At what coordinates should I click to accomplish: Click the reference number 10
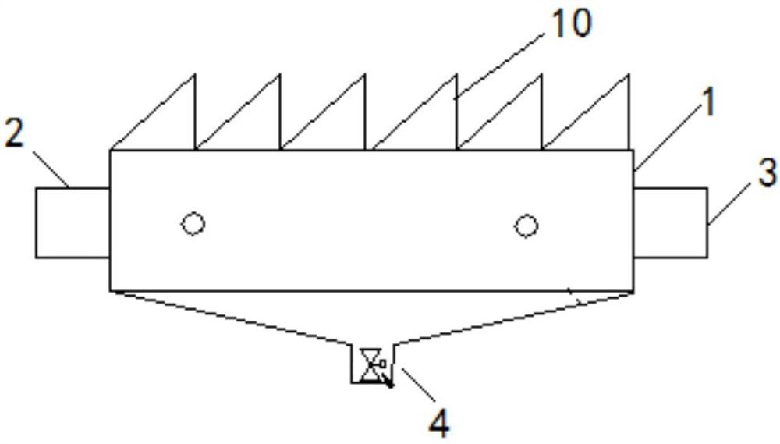(572, 24)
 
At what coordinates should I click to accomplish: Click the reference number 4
(439, 423)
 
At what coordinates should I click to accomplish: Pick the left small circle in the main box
(193, 225)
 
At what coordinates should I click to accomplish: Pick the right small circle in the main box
(526, 226)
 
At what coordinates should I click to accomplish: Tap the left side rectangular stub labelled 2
(73, 222)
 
